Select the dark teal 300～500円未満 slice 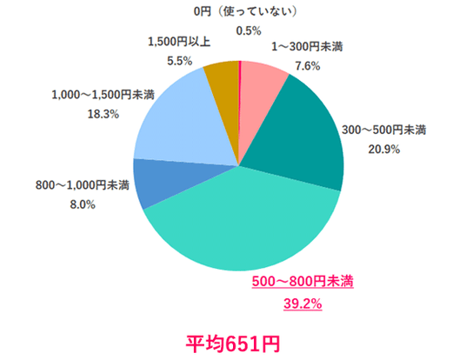click(x=300, y=137)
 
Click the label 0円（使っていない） click(x=245, y=11)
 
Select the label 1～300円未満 click(x=307, y=47)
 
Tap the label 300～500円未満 click(x=384, y=130)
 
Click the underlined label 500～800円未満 click(x=303, y=281)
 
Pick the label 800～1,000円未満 click(x=83, y=185)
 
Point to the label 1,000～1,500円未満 click(x=103, y=95)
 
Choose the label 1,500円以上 click(x=179, y=42)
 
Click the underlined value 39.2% click(x=303, y=303)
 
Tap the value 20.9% click(x=384, y=150)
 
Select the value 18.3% click(x=103, y=114)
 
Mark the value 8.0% click(x=83, y=204)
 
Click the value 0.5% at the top click(x=249, y=31)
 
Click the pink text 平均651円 click(x=233, y=344)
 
